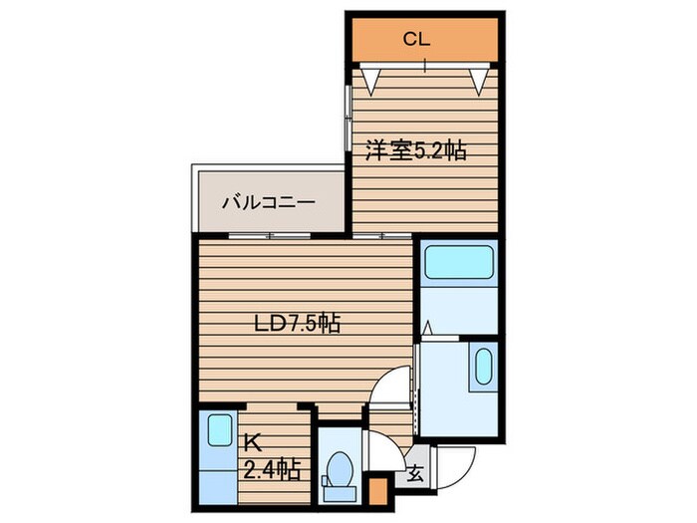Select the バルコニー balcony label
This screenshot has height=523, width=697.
pyautogui.click(x=268, y=202)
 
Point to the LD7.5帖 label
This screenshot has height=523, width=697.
pyautogui.click(x=296, y=323)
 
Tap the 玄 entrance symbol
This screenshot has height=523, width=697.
pyautogui.click(x=414, y=475)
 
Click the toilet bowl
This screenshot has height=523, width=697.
pyautogui.click(x=340, y=470)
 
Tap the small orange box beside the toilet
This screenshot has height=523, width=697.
pyautogui.click(x=377, y=492)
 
